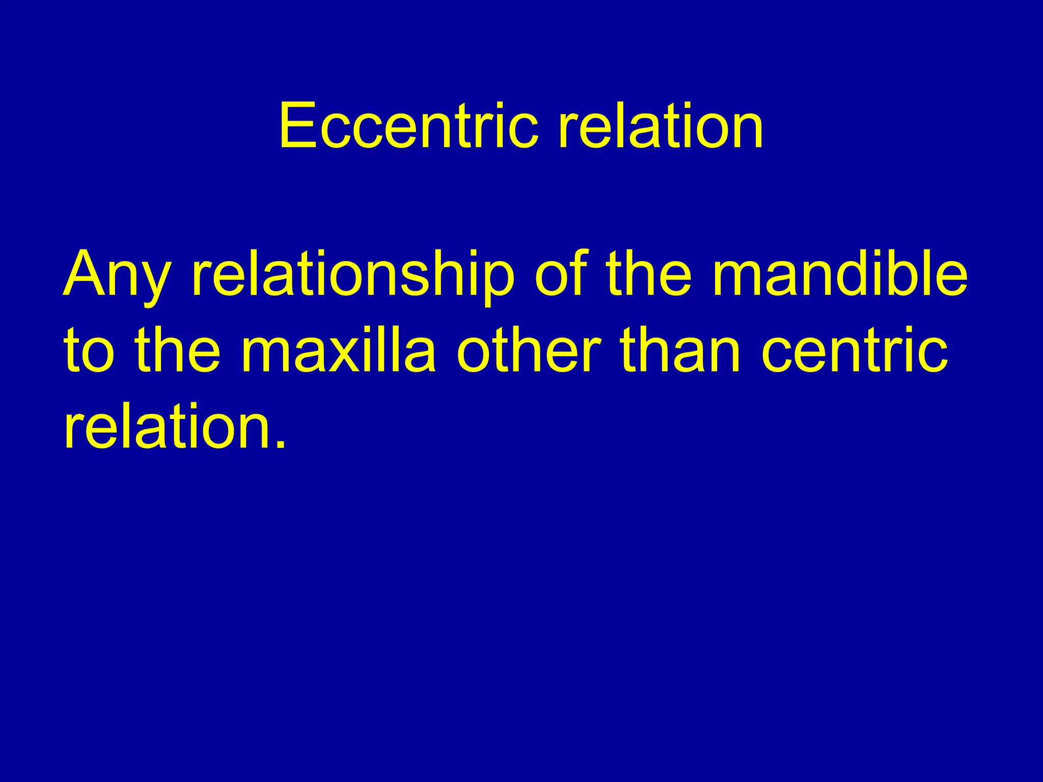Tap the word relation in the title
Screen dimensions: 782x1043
[661, 126]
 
